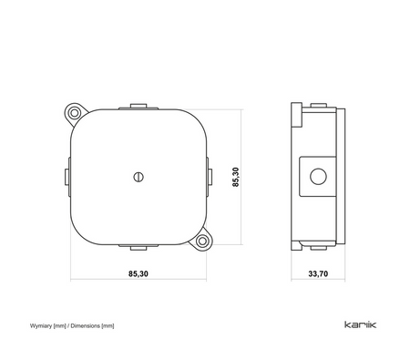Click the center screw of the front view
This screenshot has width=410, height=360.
point(138,177)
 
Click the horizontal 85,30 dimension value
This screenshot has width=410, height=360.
point(138,273)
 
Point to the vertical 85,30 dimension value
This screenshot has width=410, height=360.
point(236,177)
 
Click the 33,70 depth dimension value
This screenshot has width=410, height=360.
point(318,273)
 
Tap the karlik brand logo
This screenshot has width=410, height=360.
point(361,324)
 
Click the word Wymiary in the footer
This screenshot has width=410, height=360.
point(41,326)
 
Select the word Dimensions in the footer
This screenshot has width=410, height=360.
point(86,326)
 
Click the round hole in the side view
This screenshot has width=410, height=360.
point(318,177)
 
